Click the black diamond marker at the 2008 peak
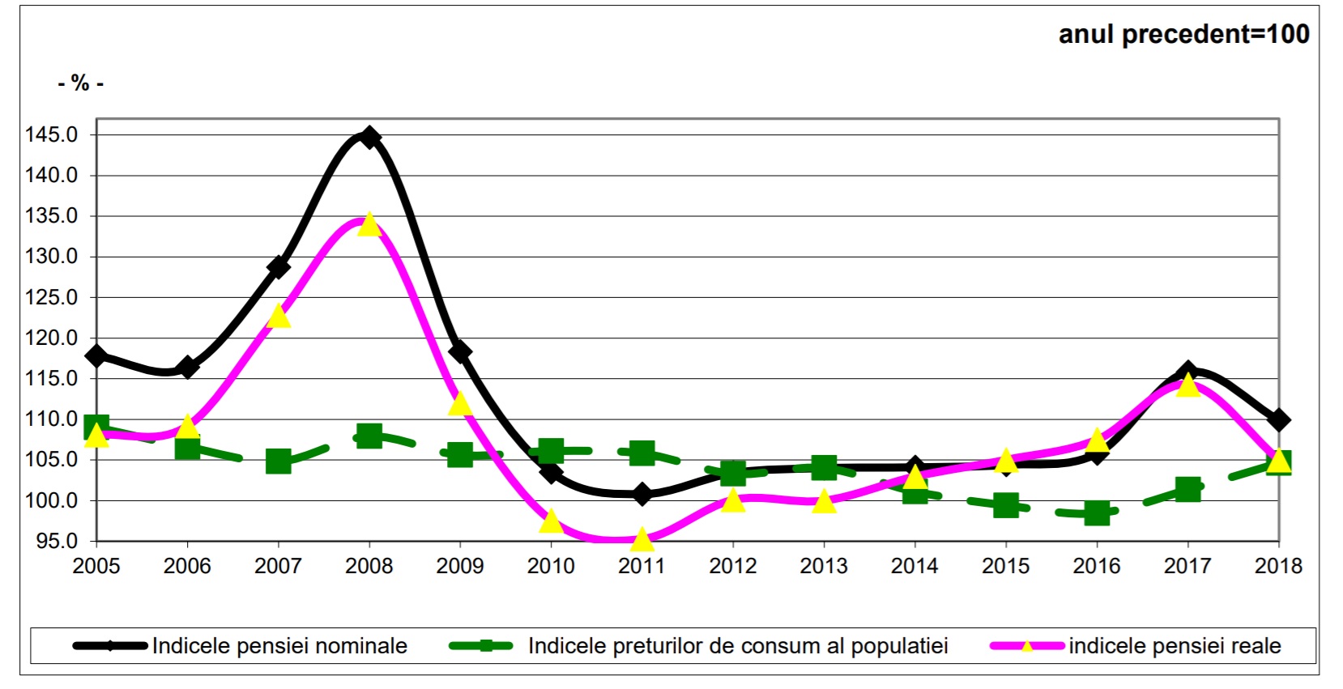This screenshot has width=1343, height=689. click(x=369, y=137)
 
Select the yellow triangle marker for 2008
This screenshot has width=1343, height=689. click(x=369, y=224)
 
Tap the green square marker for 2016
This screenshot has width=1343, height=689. click(x=1097, y=512)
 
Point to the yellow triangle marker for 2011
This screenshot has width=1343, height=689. click(x=642, y=538)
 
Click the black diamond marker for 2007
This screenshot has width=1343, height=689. click(x=279, y=266)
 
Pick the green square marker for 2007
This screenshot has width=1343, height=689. click(x=279, y=461)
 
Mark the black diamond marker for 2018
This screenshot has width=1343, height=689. click(x=1278, y=420)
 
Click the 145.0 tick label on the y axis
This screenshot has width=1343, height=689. click(x=52, y=135)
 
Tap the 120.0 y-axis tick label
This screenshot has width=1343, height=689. click(x=52, y=338)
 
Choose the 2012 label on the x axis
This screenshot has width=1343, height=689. click(x=732, y=566)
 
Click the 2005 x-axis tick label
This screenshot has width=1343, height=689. click(x=96, y=566)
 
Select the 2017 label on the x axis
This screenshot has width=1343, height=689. click(x=1187, y=566)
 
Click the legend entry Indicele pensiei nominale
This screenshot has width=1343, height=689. click(x=279, y=646)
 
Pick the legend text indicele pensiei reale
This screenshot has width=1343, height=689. click(x=1175, y=646)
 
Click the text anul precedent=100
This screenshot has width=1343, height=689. click(x=1183, y=34)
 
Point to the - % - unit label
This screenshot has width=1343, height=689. click(x=80, y=83)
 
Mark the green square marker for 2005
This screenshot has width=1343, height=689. click(x=96, y=427)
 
